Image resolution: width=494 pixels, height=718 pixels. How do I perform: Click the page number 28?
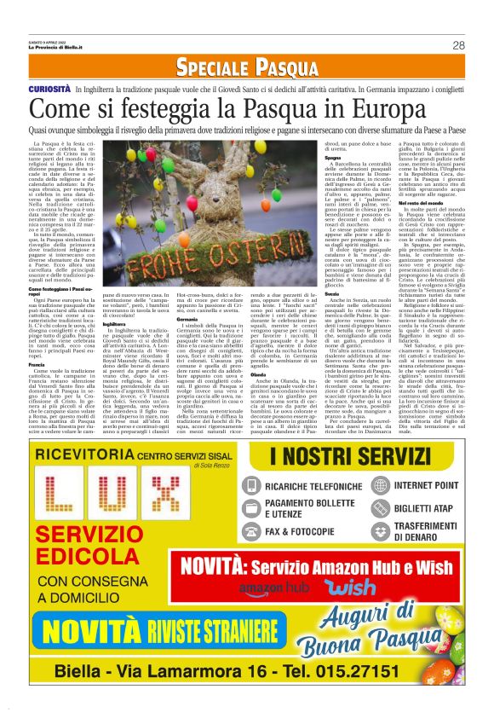tap(458, 45)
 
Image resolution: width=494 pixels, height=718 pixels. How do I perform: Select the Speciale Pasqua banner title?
tap(246, 68)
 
